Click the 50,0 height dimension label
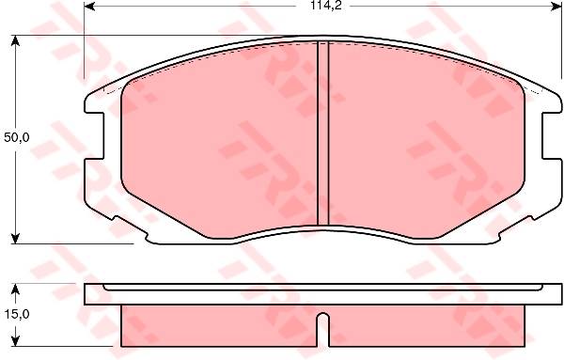coord(17,137)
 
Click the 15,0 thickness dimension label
coord(17,314)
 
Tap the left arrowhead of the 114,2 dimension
coord(89,6)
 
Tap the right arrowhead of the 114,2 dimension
coord(556,6)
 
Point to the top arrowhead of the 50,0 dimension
coord(15,40)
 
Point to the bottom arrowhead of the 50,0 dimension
coord(15,238)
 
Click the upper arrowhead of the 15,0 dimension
coord(15,289)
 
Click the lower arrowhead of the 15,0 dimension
coord(15,341)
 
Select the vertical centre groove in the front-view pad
coord(323,133)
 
